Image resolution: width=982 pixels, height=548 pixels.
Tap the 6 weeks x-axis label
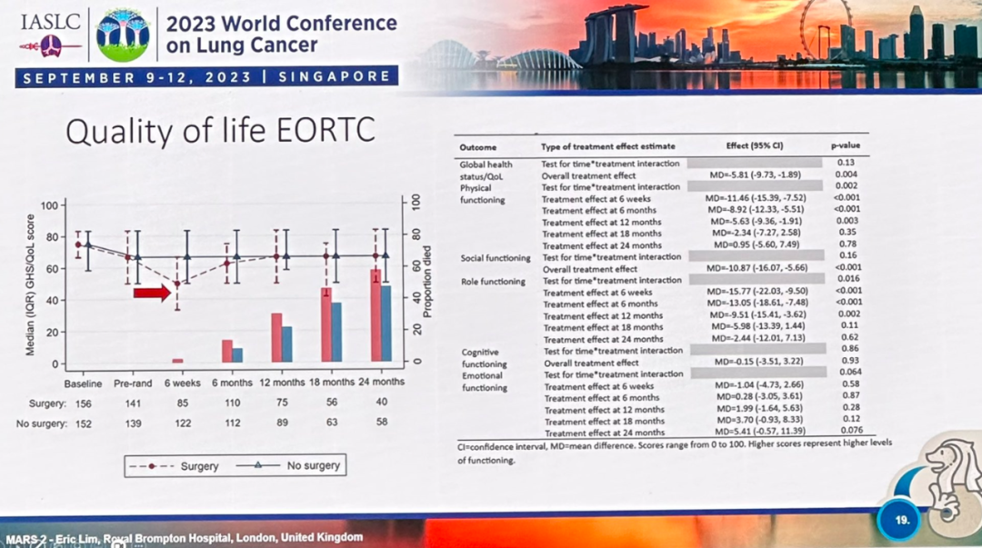(x=183, y=384)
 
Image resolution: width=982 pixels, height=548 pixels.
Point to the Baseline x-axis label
(x=83, y=384)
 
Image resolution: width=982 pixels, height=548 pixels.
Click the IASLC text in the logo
(x=50, y=20)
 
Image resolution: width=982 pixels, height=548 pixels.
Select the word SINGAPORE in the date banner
(x=334, y=77)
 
